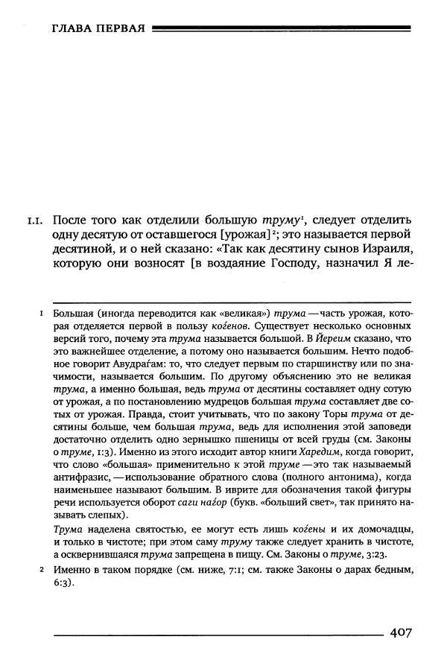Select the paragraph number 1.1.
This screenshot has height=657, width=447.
[x=37, y=221]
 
